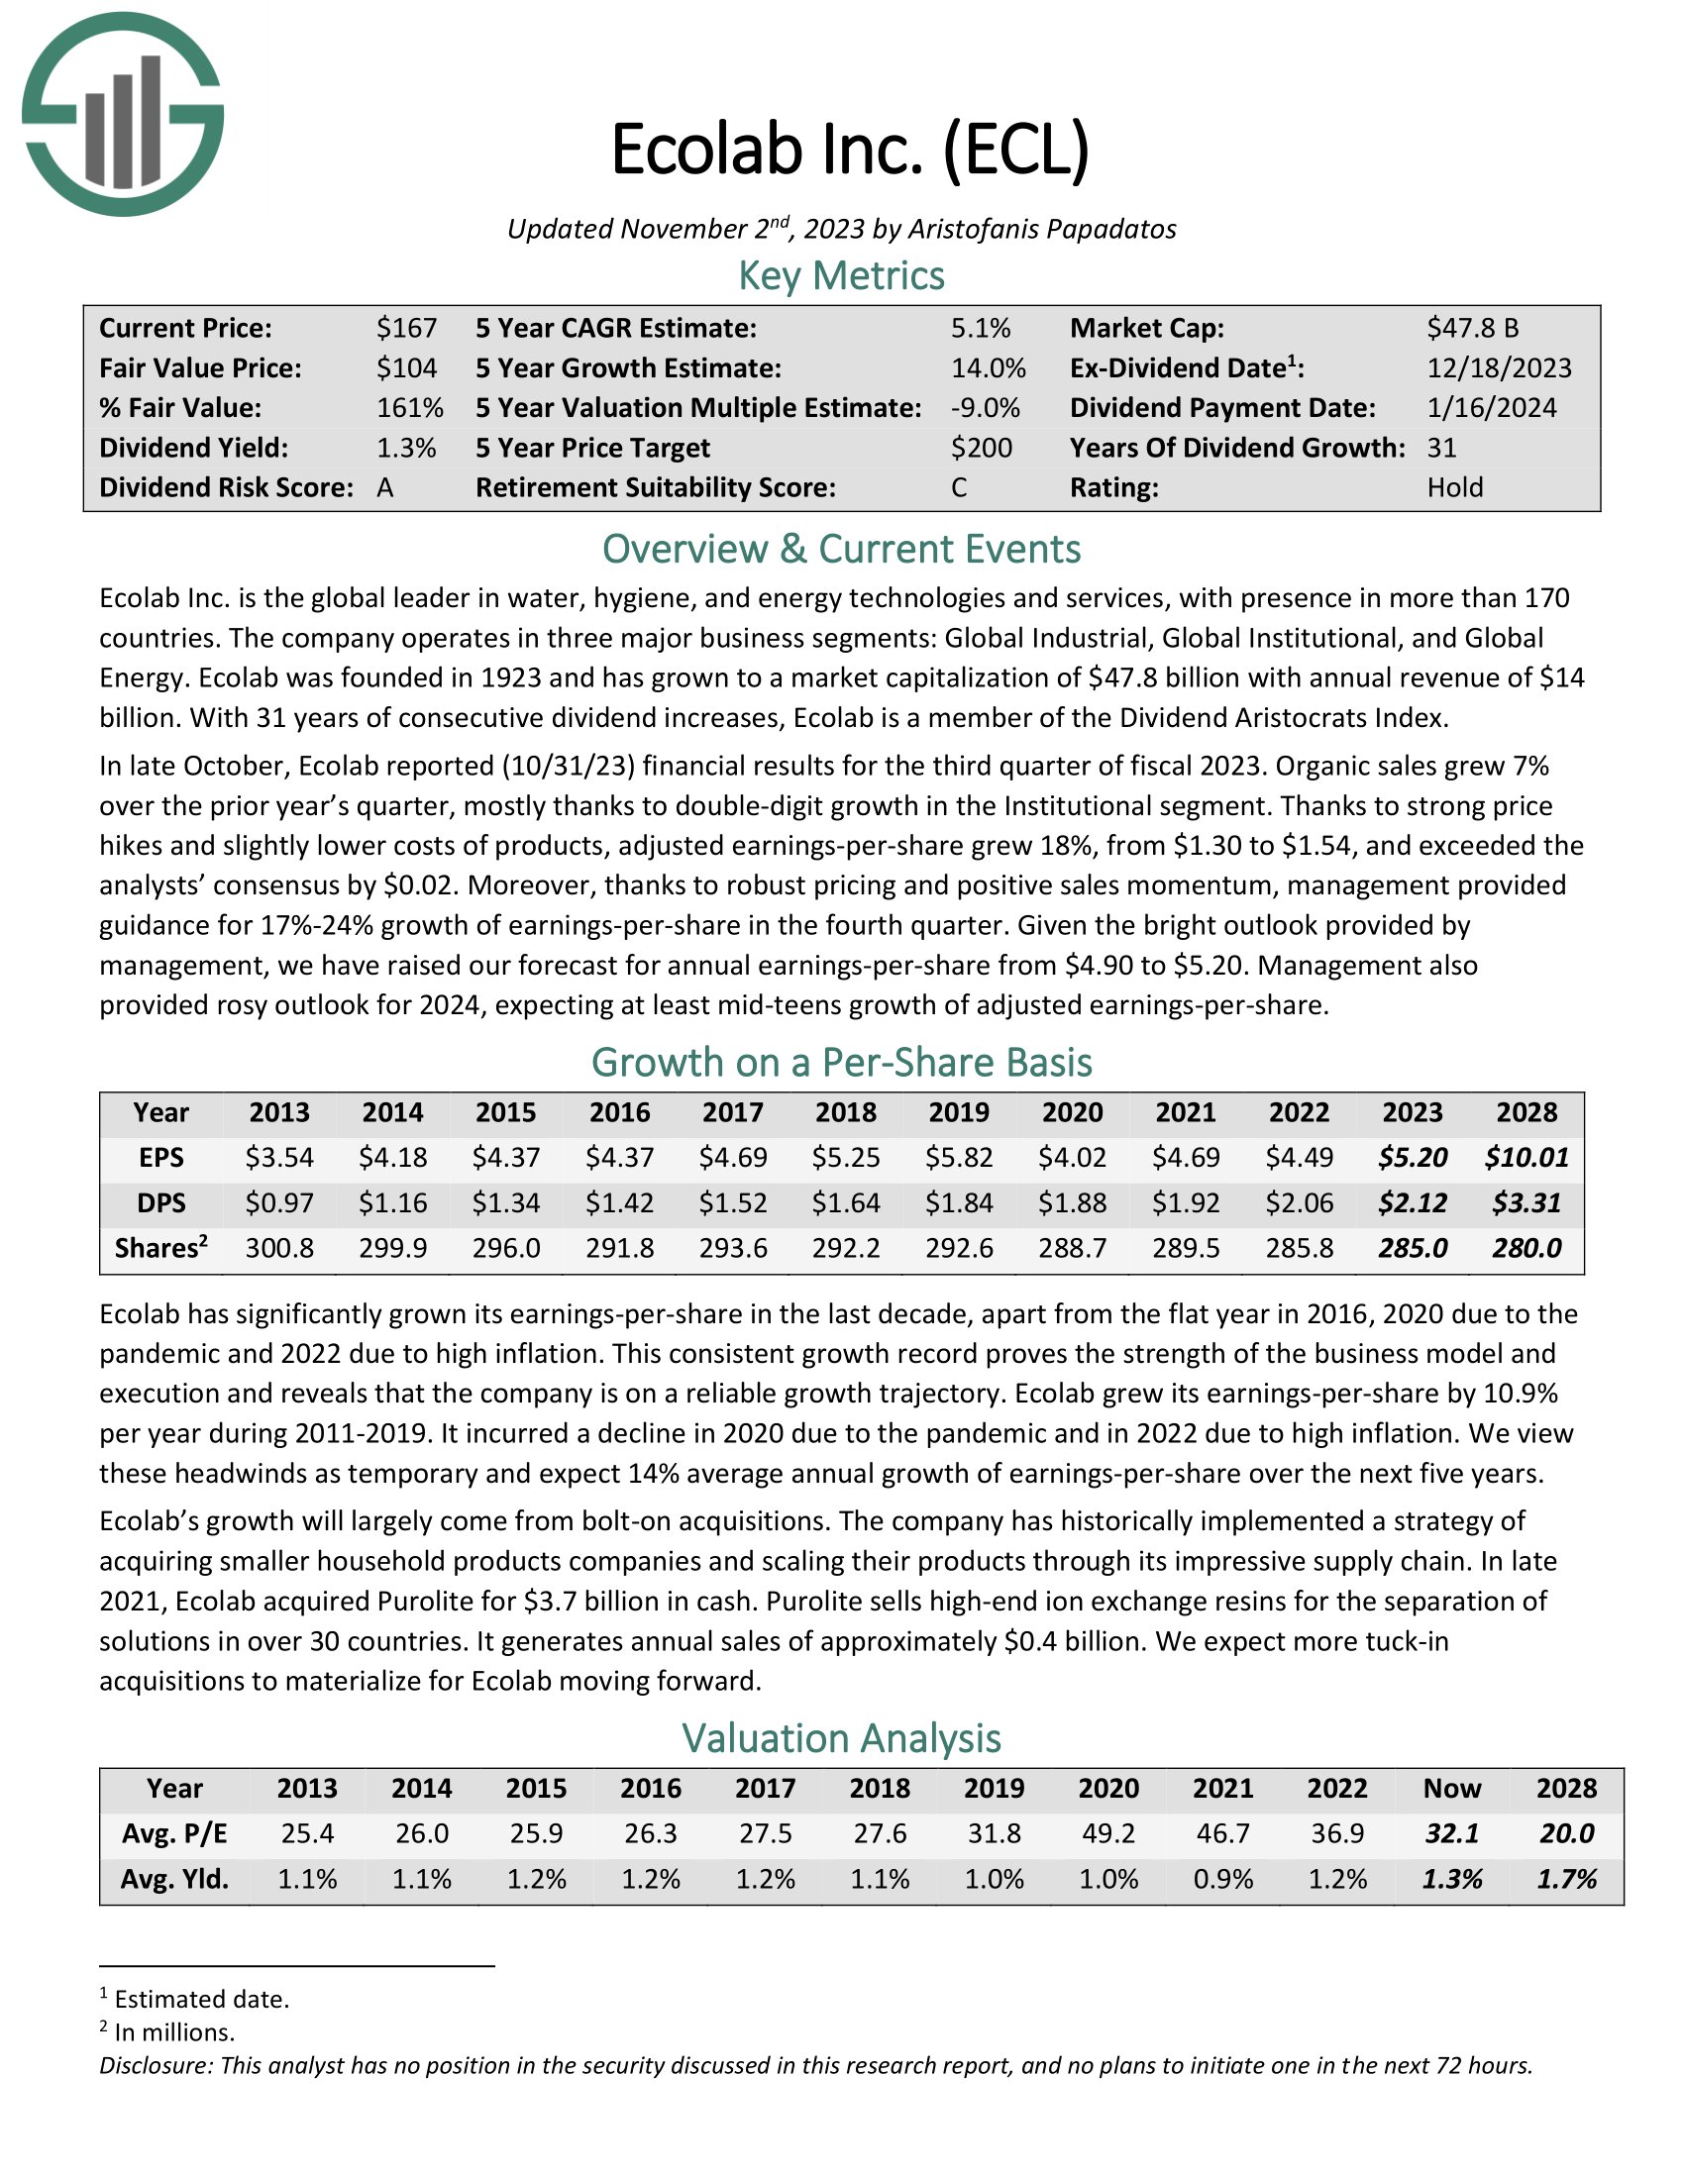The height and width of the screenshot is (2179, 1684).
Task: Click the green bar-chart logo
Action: pyautogui.click(x=123, y=115)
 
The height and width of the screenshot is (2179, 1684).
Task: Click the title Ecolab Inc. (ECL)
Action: pyautogui.click(x=850, y=150)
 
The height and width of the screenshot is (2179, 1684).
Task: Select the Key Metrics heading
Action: pyautogui.click(x=841, y=276)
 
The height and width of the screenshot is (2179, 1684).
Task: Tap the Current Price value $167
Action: pyautogui.click(x=406, y=328)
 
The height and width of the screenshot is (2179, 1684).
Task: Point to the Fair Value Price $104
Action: pyautogui.click(x=406, y=368)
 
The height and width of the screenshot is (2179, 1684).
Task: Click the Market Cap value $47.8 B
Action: pyautogui.click(x=1472, y=328)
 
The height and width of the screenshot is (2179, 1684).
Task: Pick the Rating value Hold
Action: pyautogui.click(x=1454, y=488)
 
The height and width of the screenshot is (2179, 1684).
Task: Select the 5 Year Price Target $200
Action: pyautogui.click(x=981, y=448)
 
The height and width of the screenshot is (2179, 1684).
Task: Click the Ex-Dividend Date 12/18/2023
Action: pyautogui.click(x=1499, y=368)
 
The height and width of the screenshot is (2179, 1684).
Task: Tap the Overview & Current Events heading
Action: pyautogui.click(x=841, y=550)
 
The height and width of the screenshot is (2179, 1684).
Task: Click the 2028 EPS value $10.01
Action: pyautogui.click(x=1526, y=1157)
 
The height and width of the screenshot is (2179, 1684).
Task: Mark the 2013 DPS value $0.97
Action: pyautogui.click(x=279, y=1203)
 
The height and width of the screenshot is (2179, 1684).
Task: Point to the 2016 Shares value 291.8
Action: pyautogui.click(x=619, y=1248)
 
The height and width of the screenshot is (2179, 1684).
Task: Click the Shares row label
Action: pyautogui.click(x=160, y=1248)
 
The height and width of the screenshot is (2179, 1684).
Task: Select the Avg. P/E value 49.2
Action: pyautogui.click(x=1108, y=1833)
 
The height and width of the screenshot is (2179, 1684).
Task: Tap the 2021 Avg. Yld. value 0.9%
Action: pyautogui.click(x=1223, y=1880)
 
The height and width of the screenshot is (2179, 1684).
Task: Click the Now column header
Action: pyautogui.click(x=1451, y=1788)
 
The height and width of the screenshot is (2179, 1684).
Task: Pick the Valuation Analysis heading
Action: pyautogui.click(x=841, y=1738)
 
